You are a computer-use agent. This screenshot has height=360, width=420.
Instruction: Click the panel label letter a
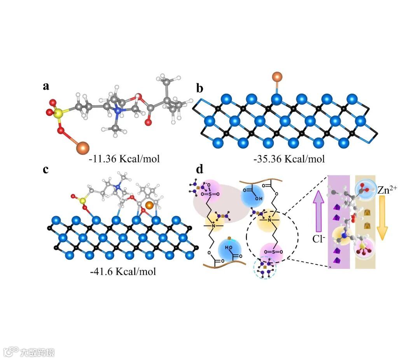(46, 86)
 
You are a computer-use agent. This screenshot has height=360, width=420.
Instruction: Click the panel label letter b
(200, 89)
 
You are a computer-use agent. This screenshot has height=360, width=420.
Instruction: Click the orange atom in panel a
(82, 147)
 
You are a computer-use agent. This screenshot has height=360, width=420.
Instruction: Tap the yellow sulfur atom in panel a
(58, 114)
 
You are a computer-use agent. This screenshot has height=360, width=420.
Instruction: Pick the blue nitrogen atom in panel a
(118, 111)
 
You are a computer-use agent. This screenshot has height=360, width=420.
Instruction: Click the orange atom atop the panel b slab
(276, 77)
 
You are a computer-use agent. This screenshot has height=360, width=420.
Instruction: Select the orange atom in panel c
(149, 204)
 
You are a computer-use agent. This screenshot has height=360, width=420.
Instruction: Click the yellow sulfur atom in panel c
(82, 201)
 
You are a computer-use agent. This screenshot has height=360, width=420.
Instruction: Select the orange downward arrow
(383, 218)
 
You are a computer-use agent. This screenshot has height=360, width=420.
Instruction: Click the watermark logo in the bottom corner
(12, 352)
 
